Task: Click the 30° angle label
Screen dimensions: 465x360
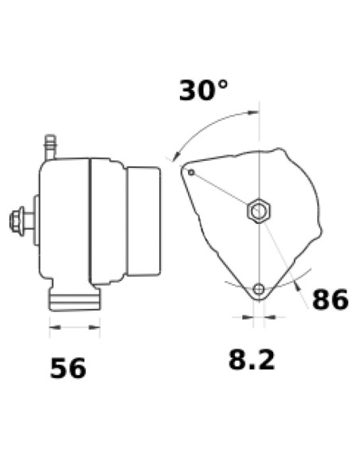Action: (204, 90)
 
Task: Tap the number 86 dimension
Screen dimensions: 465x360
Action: (330, 300)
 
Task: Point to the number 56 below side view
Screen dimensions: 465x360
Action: (68, 369)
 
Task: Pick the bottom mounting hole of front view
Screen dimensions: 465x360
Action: (258, 288)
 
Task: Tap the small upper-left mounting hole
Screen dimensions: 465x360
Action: (191, 171)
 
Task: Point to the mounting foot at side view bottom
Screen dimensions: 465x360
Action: (75, 299)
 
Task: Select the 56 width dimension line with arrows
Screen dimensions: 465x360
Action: (75, 326)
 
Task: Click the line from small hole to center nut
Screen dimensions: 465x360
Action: (223, 191)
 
